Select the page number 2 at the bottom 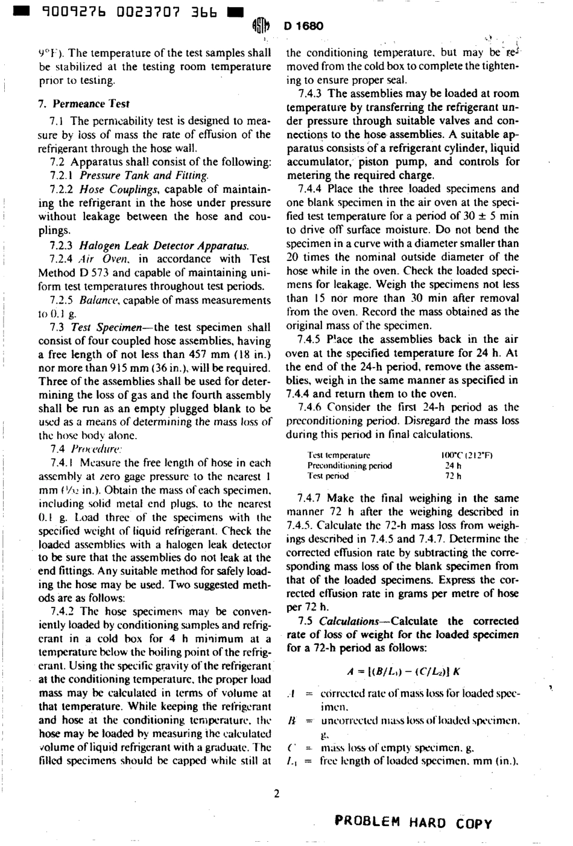[x=276, y=793]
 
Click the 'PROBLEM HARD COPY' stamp [x=413, y=824]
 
